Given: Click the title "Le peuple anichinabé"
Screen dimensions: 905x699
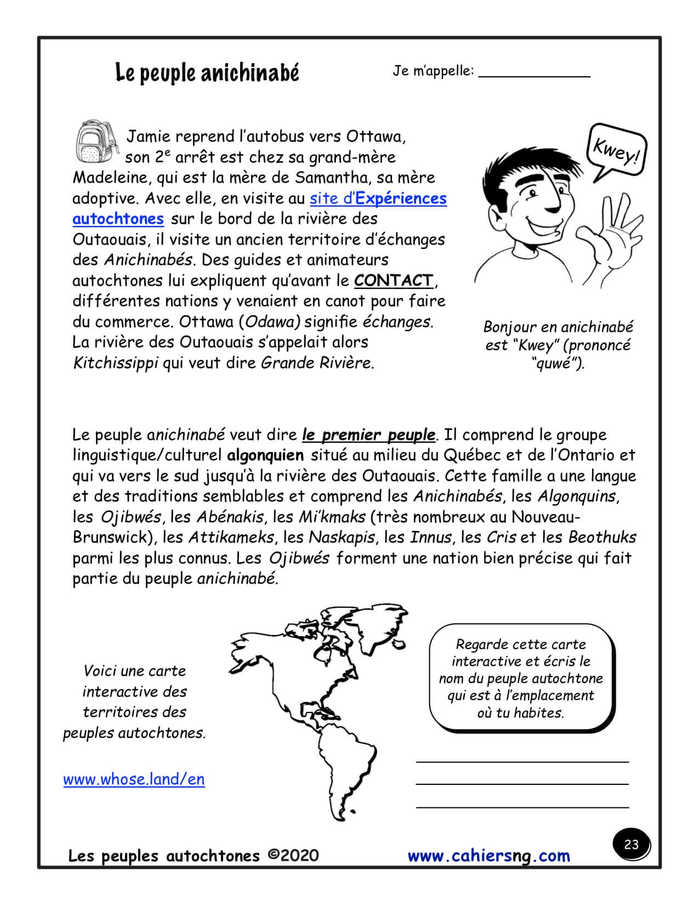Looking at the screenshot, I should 207,72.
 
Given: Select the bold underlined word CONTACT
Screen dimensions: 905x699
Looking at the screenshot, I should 394,280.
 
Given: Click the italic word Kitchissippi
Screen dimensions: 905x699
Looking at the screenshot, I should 116,363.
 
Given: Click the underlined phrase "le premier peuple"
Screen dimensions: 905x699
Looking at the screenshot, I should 368,435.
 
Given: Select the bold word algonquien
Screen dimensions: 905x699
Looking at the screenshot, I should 265,455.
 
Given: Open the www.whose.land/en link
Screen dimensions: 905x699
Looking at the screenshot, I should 134,779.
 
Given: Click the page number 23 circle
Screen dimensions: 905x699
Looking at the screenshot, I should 631,844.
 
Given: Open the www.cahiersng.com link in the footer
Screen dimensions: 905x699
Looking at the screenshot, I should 488,856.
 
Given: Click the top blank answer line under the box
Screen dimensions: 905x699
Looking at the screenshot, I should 522,760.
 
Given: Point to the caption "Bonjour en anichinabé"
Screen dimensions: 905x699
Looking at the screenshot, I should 558,327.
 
